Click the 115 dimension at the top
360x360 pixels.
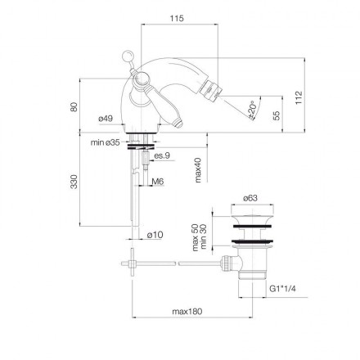point(175,18)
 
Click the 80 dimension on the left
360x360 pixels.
point(74,108)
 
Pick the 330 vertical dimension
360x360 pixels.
point(74,181)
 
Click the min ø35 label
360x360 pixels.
point(106,142)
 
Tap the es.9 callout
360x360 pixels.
point(162,155)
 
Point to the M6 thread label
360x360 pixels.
point(157,182)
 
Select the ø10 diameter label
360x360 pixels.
point(155,235)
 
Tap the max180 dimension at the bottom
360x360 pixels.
point(189,312)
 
